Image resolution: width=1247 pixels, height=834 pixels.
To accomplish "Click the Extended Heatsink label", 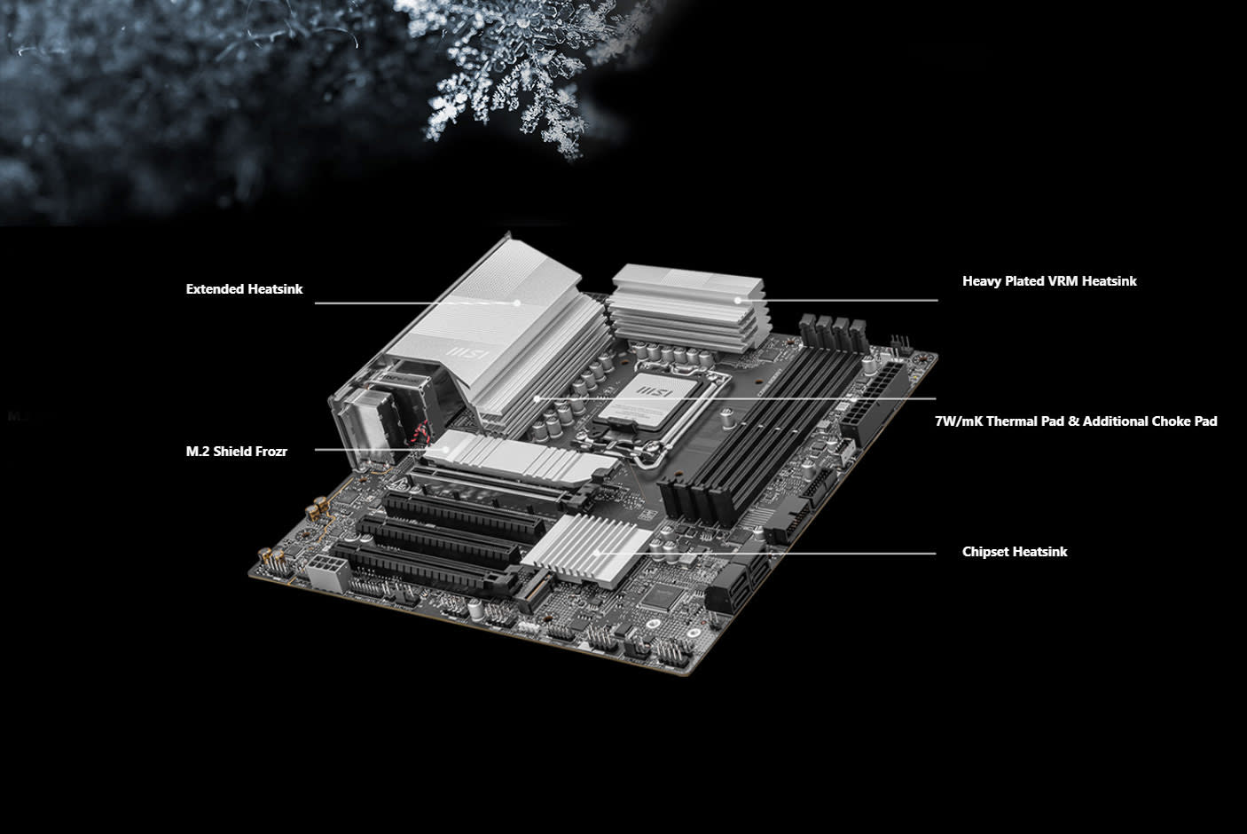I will [244, 289].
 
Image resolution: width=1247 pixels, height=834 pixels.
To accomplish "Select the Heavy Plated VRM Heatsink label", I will [1048, 281].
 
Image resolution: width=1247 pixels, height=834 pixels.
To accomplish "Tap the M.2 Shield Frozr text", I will [236, 452].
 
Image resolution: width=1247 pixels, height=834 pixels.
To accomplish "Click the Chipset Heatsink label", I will [1014, 552].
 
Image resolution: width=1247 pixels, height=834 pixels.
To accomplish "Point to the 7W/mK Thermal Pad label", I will [1075, 421].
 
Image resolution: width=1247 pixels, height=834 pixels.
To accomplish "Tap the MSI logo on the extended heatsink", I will [467, 352].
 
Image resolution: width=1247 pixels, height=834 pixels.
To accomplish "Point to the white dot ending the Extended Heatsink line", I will [518, 303].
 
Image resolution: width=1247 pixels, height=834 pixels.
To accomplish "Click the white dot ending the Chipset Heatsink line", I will [599, 553].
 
